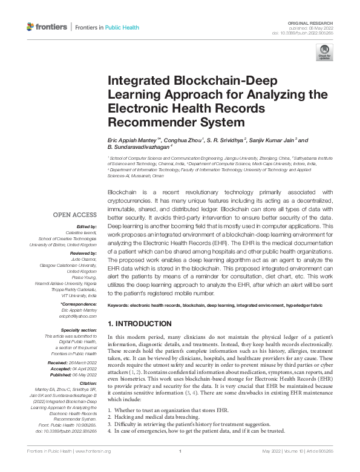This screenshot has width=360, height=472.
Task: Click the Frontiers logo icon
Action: (31, 27)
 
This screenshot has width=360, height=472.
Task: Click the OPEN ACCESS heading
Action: (74, 214)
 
